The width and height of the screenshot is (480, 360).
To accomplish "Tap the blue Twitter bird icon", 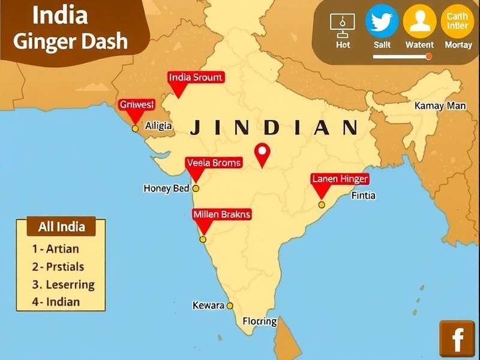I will (382, 22).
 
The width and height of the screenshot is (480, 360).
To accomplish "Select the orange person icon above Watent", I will (419, 22).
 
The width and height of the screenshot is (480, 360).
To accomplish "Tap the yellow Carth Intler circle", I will (458, 22).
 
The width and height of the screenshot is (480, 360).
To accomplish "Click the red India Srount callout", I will (196, 77).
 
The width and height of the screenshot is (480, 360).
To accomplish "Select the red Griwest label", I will (137, 104).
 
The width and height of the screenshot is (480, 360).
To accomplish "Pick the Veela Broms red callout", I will (214, 163).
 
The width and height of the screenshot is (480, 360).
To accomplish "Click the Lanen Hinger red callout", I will (340, 179).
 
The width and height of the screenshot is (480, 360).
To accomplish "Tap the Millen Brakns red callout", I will (222, 214).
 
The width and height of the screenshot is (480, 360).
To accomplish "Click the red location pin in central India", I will (262, 154).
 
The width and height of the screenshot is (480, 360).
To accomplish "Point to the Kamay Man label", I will (440, 106).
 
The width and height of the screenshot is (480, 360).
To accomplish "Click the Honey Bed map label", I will (166, 188).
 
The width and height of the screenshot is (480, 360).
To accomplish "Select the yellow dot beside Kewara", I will (230, 305).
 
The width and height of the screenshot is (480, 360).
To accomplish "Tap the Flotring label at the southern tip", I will (260, 321).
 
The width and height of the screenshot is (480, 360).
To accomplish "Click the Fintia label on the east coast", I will (364, 195).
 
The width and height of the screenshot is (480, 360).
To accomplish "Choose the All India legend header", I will (62, 227).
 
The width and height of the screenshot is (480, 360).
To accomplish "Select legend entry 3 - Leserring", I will (64, 285).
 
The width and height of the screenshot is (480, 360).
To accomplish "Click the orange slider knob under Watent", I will (428, 56).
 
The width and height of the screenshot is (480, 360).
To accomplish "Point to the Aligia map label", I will (158, 126).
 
